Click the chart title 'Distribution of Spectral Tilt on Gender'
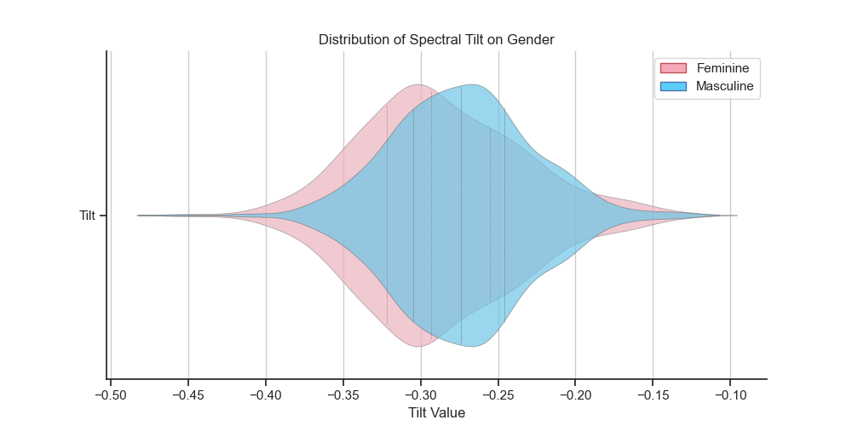tap(436, 40)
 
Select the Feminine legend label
tap(722, 68)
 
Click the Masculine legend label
tap(725, 86)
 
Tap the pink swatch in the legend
tap(673, 68)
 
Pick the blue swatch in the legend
tap(673, 86)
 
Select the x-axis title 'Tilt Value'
tap(437, 413)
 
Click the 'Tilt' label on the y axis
tap(87, 216)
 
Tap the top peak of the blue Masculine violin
tap(472, 84)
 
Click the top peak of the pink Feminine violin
tap(417, 84)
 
